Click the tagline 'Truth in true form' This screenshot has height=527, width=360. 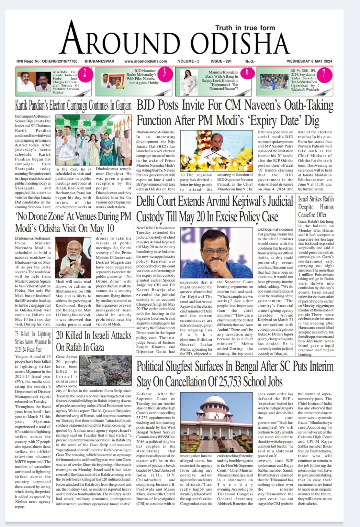tap(245, 28)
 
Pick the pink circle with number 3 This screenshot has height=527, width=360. tap(164, 73)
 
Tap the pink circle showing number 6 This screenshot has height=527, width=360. tap(247, 73)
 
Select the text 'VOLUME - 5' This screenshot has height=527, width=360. tap(189, 61)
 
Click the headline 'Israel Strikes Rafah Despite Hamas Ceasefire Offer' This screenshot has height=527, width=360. tap(316, 207)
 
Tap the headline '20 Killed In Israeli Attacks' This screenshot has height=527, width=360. tap(93, 341)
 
